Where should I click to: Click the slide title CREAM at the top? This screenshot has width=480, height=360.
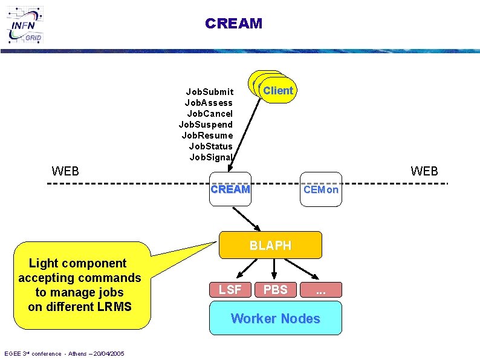pyautogui.click(x=233, y=24)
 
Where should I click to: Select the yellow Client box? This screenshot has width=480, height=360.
pyautogui.click(x=277, y=91)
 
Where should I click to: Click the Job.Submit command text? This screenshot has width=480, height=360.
pyautogui.click(x=210, y=92)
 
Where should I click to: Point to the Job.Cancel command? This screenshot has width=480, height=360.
pyautogui.click(x=210, y=114)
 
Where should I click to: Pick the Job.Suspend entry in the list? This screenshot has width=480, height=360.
pyautogui.click(x=206, y=125)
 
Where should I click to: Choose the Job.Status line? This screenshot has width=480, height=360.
pyautogui.click(x=210, y=146)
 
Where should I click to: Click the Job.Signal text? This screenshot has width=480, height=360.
pyautogui.click(x=211, y=157)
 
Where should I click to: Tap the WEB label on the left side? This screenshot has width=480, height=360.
pyautogui.click(x=65, y=171)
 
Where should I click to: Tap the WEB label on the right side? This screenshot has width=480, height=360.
pyautogui.click(x=424, y=171)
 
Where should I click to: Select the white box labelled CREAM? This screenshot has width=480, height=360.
pyautogui.click(x=230, y=189)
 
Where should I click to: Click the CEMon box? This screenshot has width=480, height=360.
pyautogui.click(x=321, y=189)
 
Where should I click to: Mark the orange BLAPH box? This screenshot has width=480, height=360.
pyautogui.click(x=270, y=245)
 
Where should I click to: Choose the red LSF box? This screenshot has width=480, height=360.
pyautogui.click(x=230, y=289)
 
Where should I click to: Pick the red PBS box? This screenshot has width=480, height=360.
pyautogui.click(x=275, y=289)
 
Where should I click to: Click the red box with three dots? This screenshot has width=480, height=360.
pyautogui.click(x=320, y=289)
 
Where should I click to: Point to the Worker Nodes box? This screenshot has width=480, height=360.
pyautogui.click(x=275, y=318)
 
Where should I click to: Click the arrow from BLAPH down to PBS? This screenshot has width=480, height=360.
pyautogui.click(x=274, y=269)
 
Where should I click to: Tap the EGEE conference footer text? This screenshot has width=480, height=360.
pyautogui.click(x=64, y=353)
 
